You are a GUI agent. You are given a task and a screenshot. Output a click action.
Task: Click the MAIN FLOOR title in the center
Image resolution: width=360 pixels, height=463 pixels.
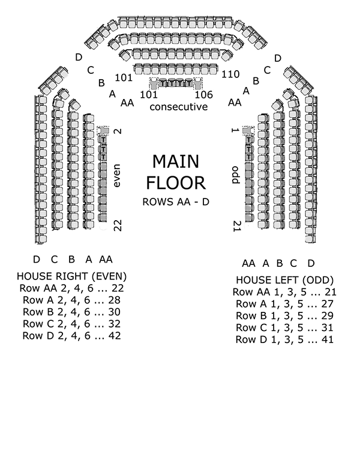pyautogui.click(x=178, y=172)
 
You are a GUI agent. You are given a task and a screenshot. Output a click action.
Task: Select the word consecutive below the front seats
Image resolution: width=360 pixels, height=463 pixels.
pyautogui.click(x=178, y=107)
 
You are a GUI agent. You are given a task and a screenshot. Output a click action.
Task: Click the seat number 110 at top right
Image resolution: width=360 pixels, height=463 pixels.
pyautogui.click(x=230, y=74)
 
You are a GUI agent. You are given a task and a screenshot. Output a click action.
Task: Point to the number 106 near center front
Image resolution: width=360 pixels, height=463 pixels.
pyautogui.click(x=204, y=95)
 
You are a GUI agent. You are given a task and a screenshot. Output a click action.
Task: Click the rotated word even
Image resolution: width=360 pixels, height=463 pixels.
pyautogui.click(x=117, y=175)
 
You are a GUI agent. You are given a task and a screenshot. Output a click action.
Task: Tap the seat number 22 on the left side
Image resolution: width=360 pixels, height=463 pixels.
pyautogui.click(x=118, y=225)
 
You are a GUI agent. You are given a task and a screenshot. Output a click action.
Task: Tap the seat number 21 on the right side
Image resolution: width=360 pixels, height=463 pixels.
pyautogui.click(x=236, y=226)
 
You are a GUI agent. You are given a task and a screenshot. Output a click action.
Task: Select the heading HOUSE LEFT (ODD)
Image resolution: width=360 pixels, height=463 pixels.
pyautogui.click(x=284, y=280)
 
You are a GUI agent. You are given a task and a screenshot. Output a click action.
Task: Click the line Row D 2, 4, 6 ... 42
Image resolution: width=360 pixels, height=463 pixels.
pyautogui.click(x=71, y=336)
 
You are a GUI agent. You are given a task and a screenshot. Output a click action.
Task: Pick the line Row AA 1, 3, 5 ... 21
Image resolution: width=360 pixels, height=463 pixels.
pyautogui.click(x=284, y=292)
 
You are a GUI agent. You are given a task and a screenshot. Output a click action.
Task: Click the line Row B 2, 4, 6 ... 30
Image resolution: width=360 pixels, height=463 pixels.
pyautogui.click(x=71, y=312)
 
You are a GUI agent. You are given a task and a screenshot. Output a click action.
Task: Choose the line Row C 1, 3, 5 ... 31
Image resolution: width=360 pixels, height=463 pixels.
pyautogui.click(x=284, y=327)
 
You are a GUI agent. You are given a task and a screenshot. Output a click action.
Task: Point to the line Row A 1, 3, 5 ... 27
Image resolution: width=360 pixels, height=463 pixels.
pyautogui.click(x=284, y=304)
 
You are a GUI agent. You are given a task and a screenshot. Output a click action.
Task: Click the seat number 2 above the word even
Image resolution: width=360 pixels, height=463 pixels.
pyautogui.click(x=118, y=131)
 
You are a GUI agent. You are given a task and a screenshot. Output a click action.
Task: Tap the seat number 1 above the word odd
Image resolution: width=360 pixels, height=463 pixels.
pyautogui.click(x=236, y=130)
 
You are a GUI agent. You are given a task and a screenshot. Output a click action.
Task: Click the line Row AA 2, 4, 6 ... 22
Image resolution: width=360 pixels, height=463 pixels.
pyautogui.click(x=71, y=288)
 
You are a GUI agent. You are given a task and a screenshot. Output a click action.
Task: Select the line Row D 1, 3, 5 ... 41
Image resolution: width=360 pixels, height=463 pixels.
pyautogui.click(x=284, y=339)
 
